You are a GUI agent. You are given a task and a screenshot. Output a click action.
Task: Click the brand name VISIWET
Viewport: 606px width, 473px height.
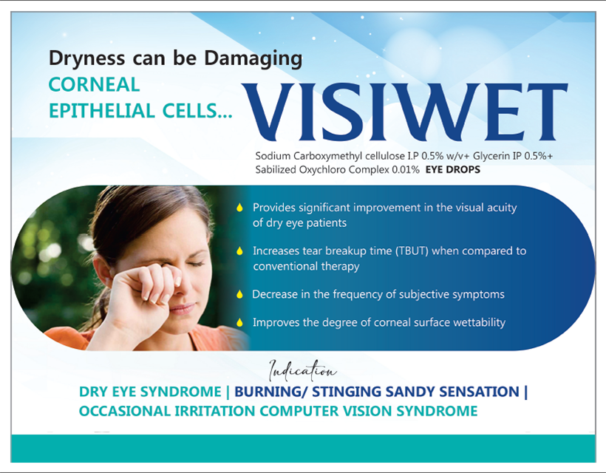coord(405,112)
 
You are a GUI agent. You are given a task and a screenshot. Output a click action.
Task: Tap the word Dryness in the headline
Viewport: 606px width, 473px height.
coord(87,58)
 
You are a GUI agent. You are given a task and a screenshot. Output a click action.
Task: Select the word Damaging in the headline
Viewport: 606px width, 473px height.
coord(253,58)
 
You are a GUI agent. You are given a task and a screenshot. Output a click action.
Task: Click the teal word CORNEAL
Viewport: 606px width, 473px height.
coord(94,85)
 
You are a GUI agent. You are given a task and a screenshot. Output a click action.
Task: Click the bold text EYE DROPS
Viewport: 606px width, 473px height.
coord(453,170)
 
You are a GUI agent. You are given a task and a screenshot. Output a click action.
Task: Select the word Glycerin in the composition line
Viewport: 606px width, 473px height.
coord(491,156)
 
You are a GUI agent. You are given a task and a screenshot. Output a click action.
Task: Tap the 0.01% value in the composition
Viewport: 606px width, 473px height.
coord(406,170)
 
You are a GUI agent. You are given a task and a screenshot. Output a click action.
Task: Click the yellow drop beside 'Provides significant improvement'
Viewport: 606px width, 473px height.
coord(239,208)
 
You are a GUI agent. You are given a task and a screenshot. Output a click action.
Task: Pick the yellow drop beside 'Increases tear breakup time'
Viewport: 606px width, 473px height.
coord(239,251)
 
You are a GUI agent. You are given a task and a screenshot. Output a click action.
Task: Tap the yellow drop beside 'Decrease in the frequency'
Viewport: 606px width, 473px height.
coord(239,294)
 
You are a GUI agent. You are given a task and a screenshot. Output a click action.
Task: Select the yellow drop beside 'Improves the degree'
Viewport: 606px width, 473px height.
coord(239,322)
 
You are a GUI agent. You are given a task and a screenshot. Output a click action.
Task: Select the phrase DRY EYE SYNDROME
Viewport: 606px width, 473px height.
coord(150,392)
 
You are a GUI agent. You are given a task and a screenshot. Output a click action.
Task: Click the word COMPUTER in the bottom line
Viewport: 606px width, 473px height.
coord(299,411)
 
